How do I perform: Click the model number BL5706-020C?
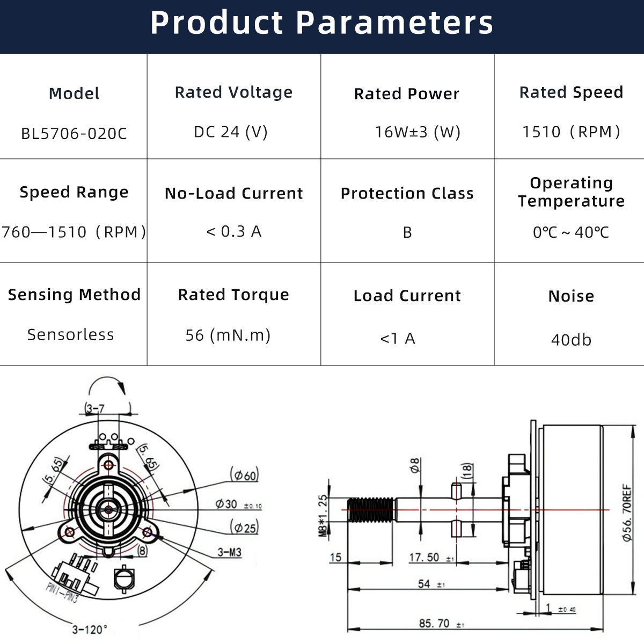coord(74,133)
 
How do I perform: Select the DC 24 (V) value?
coord(231,131)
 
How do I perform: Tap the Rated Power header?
coord(407,94)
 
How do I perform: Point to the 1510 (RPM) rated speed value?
coord(571,131)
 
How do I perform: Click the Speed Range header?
coord(74,192)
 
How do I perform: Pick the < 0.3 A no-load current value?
coord(233,231)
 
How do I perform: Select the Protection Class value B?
coord(407,232)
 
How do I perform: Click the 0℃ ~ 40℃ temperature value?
coord(571,232)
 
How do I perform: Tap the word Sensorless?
coord(71,334)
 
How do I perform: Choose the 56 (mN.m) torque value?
coord(228,335)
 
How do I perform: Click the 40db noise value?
coord(571,340)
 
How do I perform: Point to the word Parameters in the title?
coord(394,23)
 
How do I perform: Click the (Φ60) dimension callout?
coord(244,475)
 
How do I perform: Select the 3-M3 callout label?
coord(229,552)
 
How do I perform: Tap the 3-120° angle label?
coord(90,629)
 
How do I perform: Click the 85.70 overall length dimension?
coord(435,623)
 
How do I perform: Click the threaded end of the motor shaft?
coord(371,509)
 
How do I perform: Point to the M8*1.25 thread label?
coord(323,516)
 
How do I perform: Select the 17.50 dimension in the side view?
coord(424,557)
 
